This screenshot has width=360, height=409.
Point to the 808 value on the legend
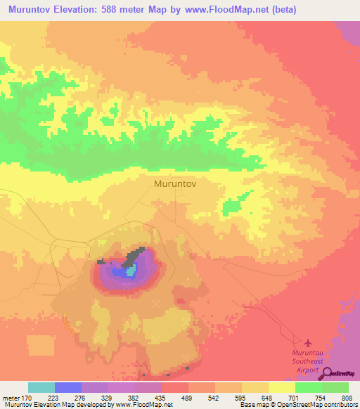339,396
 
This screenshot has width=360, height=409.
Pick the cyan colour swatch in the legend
41,387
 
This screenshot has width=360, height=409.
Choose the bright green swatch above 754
309,387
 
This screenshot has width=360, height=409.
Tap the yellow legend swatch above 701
282,387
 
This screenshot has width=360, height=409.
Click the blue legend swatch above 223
68,387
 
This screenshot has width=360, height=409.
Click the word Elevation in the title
72,10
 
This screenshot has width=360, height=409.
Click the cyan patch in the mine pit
131,269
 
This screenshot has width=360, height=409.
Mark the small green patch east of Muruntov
232,205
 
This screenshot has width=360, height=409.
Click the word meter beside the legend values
12,396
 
